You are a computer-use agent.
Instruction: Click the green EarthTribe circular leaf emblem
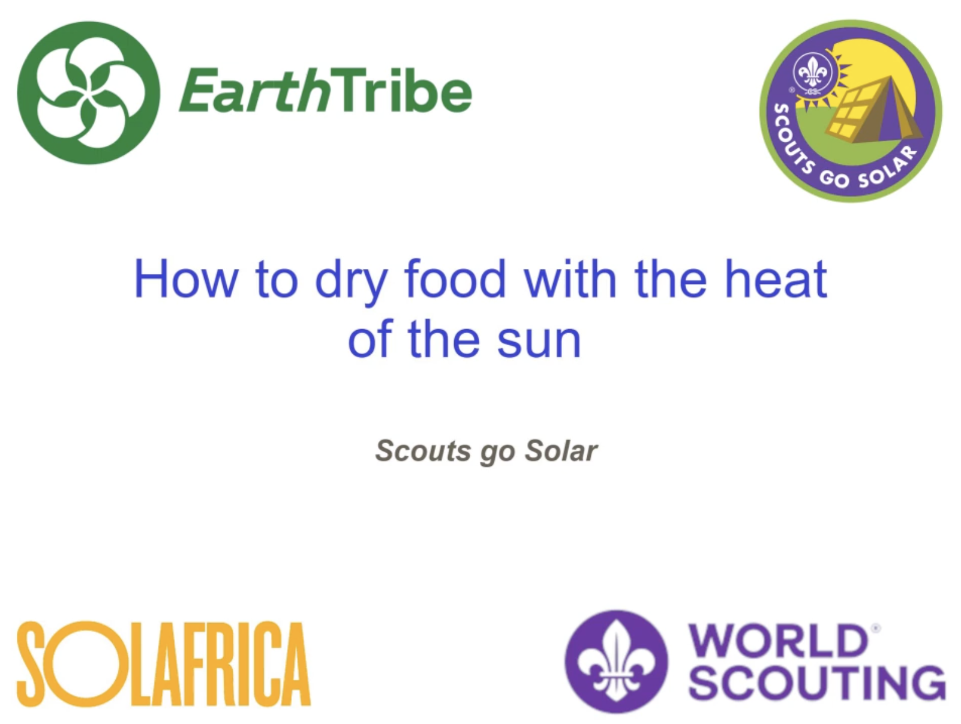pyautogui.click(x=88, y=93)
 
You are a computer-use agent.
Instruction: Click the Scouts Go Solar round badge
pyautogui.click(x=851, y=111)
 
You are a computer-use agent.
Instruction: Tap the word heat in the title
pyautogui.click(x=776, y=279)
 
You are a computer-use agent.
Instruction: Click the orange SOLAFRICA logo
pyautogui.click(x=163, y=663)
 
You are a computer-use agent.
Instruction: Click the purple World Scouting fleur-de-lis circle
pyautogui.click(x=616, y=662)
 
